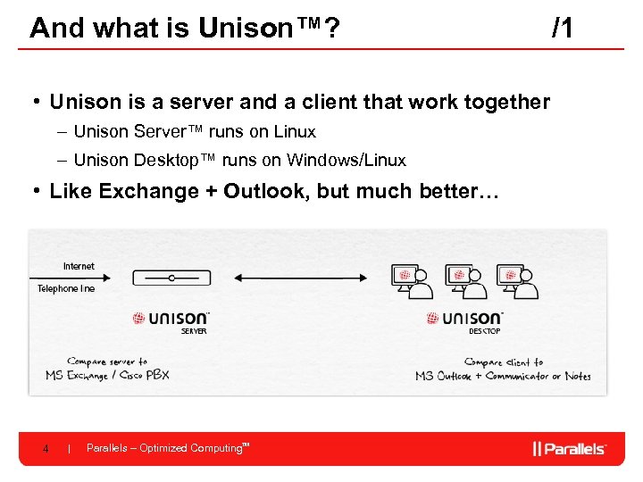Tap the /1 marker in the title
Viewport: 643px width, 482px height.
coord(563,28)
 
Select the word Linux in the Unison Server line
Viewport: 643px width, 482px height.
coord(295,132)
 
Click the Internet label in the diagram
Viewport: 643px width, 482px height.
coord(79,266)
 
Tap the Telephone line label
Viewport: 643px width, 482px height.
coord(65,288)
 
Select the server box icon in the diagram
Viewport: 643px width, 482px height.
coord(171,278)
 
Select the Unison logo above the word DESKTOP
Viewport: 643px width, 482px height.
coord(464,318)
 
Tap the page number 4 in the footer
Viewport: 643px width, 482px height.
coord(46,449)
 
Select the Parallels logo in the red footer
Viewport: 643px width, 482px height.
coord(569,448)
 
